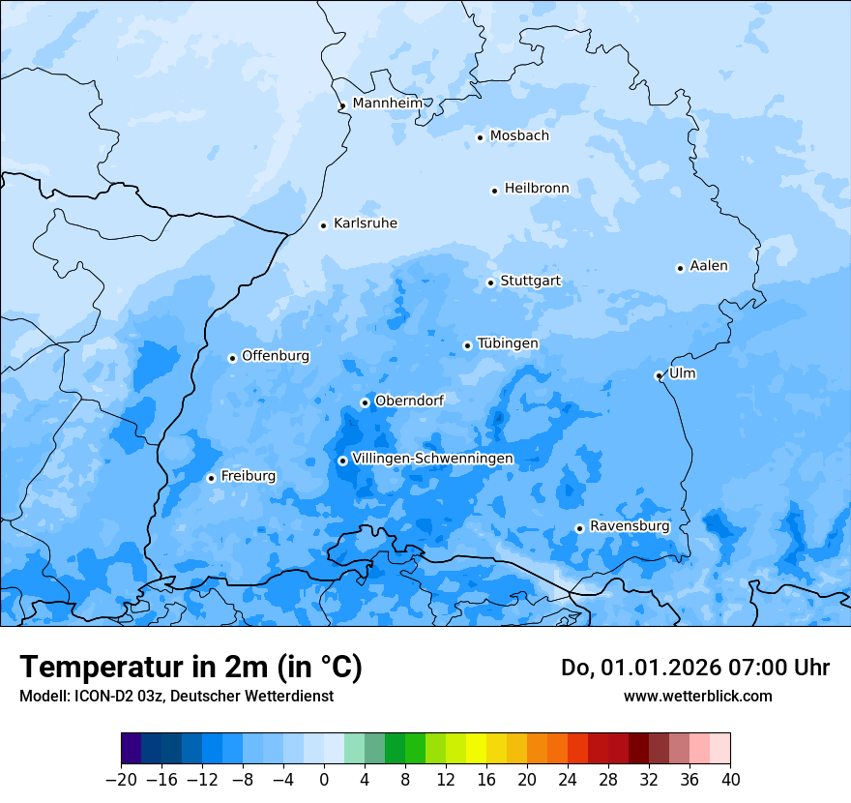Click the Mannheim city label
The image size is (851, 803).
387,104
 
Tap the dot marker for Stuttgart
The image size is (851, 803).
490,283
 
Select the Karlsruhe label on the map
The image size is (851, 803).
365,223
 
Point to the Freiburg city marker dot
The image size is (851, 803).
211,478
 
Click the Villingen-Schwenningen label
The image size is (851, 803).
432,459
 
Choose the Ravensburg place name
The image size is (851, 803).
629,526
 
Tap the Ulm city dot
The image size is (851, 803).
659,375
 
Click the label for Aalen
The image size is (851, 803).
708,266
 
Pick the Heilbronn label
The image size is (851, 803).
537,189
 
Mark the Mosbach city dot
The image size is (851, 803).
480,137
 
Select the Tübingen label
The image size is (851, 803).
508,343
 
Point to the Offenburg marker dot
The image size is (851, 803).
232,358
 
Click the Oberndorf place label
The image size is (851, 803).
409,401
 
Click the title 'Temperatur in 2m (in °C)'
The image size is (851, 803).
191,667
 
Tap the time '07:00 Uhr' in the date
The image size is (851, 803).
764,668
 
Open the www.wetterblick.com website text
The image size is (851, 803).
697,696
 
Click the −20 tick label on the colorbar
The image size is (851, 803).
122,780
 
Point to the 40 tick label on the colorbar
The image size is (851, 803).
730,780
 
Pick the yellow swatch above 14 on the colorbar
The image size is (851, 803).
476,749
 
